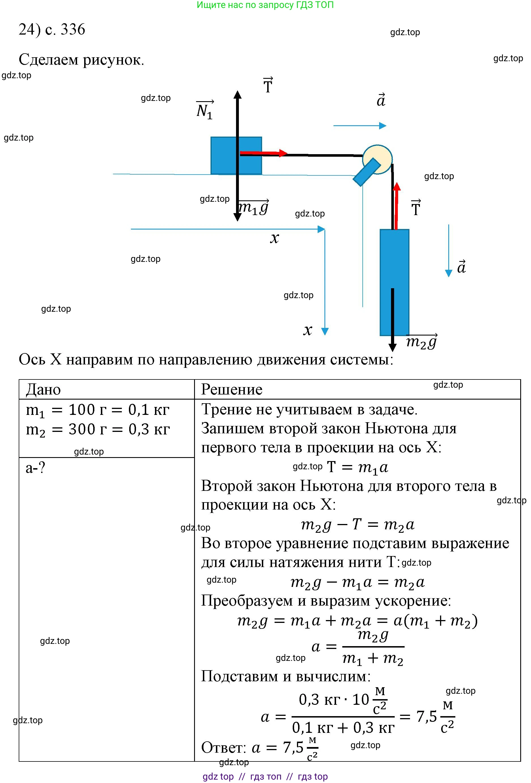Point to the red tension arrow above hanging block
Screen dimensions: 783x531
397,205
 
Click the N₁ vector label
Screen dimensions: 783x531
204,110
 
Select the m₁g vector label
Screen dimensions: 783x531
253,207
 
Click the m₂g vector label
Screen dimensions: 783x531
421,342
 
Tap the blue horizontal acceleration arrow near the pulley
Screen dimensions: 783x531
360,126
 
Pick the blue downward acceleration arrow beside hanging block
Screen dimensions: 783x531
449,251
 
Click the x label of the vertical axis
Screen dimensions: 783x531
307,330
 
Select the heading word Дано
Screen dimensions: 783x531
43,389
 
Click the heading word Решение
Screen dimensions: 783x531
231,389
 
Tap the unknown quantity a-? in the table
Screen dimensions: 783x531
35,468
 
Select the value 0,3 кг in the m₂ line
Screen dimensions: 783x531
149,430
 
